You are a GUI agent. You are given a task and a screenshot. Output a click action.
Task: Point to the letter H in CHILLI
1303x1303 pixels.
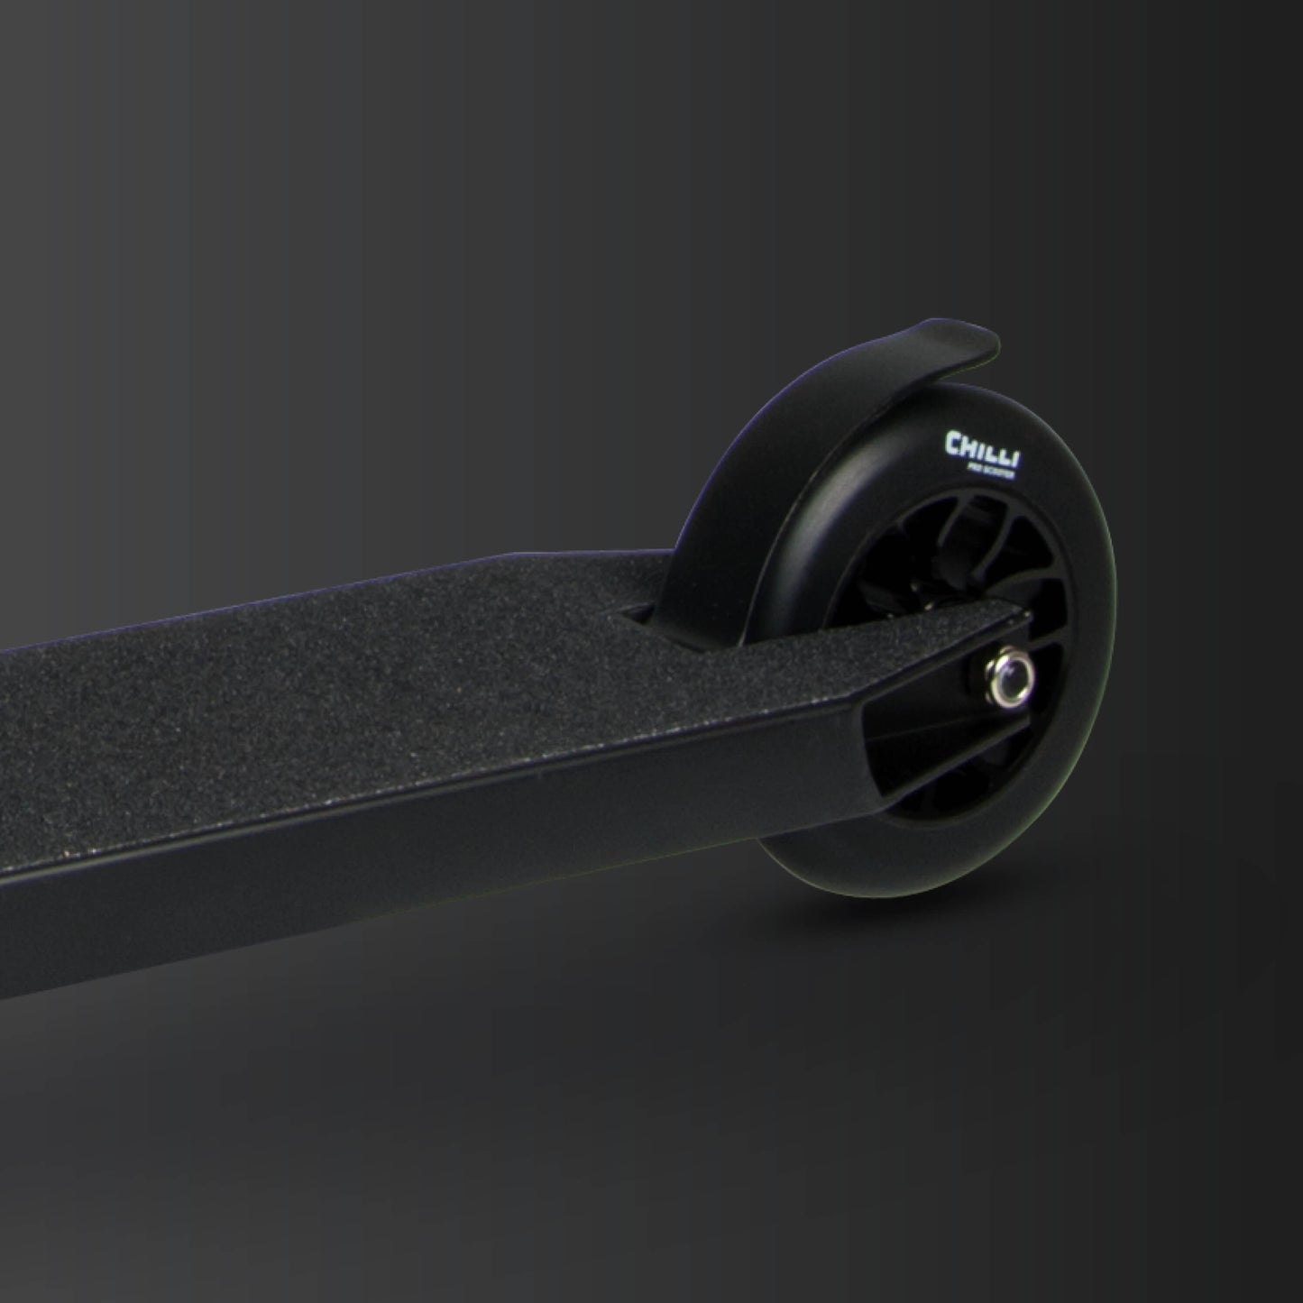pyautogui.click(x=968, y=443)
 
